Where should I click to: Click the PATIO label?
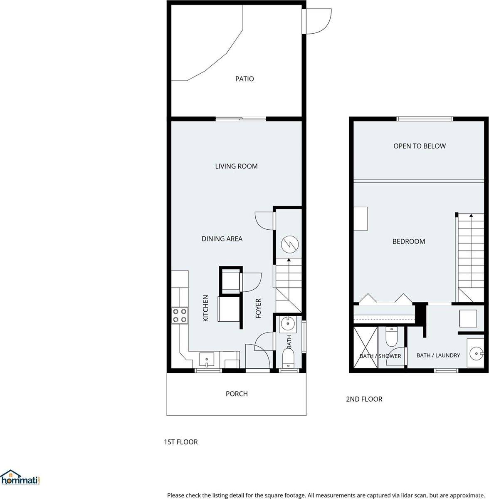(x=244, y=79)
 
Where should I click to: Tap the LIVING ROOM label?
(x=236, y=166)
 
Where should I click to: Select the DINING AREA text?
(x=222, y=239)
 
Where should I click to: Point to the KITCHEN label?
(x=205, y=308)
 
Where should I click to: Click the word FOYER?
(x=258, y=308)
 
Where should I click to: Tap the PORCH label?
(x=237, y=394)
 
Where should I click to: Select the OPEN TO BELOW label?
(x=420, y=146)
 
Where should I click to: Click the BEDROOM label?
(x=409, y=241)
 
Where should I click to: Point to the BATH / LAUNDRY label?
(x=438, y=355)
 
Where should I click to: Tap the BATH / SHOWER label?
(x=380, y=356)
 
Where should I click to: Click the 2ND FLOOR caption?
(x=364, y=399)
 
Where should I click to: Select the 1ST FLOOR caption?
(x=180, y=442)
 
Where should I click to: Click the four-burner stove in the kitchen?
(x=180, y=315)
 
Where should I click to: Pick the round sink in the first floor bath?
(x=287, y=323)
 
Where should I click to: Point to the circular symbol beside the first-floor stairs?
(x=289, y=244)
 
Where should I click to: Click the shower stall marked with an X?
(x=365, y=347)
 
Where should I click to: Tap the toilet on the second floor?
(x=392, y=337)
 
